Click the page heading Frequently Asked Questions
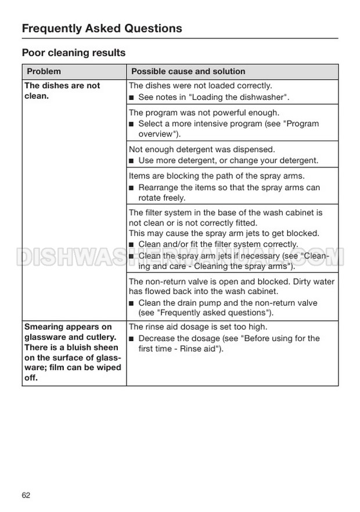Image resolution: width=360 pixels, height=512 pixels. click(102, 28)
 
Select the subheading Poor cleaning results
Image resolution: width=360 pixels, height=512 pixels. click(74, 53)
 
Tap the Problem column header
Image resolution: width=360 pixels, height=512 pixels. click(44, 71)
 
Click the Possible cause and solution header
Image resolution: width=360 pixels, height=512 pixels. click(188, 71)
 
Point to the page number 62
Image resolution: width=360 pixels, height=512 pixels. click(26, 495)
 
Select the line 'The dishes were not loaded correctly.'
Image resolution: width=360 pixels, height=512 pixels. click(200, 85)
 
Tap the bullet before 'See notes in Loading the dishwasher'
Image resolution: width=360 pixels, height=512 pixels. click(132, 97)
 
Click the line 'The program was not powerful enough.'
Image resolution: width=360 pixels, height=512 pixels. click(204, 112)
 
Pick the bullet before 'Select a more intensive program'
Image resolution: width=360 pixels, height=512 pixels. click(132, 124)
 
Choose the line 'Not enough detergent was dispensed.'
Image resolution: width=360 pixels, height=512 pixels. click(201, 149)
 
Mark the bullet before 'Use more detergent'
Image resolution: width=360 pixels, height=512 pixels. click(132, 161)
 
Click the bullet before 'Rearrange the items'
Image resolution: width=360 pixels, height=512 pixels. click(132, 188)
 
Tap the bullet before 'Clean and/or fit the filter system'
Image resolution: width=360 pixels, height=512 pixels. click(132, 245)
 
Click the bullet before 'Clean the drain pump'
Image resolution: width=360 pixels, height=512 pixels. click(132, 303)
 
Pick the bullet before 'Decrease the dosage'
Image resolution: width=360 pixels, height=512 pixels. click(132, 339)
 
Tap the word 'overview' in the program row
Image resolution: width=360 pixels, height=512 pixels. click(157, 133)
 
